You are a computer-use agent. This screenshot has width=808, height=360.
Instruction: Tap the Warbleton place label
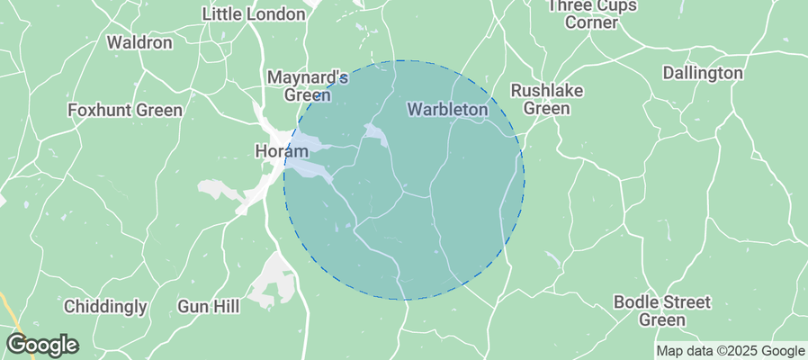(447, 110)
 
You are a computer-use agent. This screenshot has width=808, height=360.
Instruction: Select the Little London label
(255, 14)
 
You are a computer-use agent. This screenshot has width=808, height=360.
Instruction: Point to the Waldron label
(139, 42)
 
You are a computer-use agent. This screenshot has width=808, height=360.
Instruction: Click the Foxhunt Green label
(125, 110)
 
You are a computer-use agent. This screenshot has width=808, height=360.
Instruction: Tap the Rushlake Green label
(547, 99)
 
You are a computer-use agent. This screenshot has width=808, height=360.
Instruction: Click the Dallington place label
(703, 73)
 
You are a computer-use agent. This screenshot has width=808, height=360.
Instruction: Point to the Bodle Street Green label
(662, 310)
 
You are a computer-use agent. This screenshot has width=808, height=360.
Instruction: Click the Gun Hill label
(209, 307)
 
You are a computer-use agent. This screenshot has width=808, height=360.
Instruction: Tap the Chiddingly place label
(105, 307)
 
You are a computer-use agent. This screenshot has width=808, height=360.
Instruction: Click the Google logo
(42, 345)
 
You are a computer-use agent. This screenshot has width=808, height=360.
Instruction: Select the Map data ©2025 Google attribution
(730, 351)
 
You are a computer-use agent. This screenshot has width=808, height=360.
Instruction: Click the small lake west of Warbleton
(376, 135)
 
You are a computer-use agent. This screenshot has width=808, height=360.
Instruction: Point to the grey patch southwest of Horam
(216, 190)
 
